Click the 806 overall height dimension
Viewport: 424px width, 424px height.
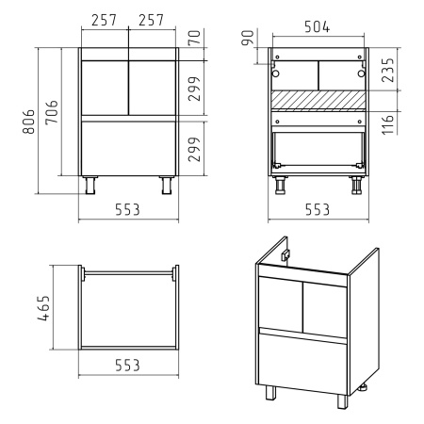pos(28,122)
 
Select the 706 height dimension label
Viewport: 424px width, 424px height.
pos(52,112)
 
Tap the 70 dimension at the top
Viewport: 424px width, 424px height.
pos(194,38)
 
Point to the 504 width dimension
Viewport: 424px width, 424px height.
pos(318,27)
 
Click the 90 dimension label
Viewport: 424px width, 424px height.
pos(248,38)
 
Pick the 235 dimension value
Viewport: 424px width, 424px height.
pos(388,70)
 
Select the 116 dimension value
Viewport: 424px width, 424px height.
pos(388,124)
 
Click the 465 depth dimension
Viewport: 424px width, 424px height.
pos(43,308)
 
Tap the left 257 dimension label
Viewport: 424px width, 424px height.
pos(104,21)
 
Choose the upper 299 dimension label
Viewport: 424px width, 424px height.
pos(194,89)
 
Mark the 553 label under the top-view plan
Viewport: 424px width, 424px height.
pos(127,366)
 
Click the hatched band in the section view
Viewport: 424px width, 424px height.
pos(318,100)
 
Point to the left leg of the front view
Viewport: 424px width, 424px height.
pos(90,186)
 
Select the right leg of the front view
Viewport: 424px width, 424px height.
pos(167,186)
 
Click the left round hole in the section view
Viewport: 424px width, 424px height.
pos(275,73)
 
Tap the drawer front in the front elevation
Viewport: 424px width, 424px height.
pos(128,149)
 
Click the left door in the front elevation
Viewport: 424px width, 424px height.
pos(105,88)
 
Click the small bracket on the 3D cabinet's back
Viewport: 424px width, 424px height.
pos(285,255)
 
